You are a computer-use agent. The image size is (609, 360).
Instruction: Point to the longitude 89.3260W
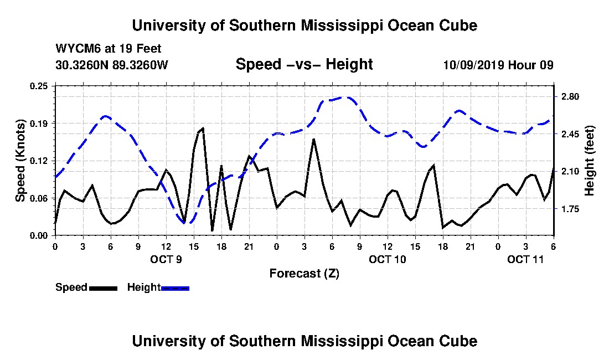pyautogui.click(x=140, y=64)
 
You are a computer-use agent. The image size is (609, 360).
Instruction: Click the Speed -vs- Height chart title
pyautogui.click(x=304, y=64)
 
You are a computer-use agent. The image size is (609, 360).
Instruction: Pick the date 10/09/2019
pyautogui.click(x=473, y=64)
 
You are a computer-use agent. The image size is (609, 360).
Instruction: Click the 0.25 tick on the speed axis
pyautogui.click(x=39, y=86)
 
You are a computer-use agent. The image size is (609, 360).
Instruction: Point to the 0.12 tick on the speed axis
pyautogui.click(x=39, y=161)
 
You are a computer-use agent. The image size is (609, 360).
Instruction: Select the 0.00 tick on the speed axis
pyautogui.click(x=39, y=236)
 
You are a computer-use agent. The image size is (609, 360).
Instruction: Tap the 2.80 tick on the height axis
pyautogui.click(x=570, y=97)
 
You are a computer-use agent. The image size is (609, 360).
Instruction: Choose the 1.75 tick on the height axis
pyautogui.click(x=570, y=209)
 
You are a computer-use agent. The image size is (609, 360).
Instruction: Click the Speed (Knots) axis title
pyautogui.click(x=20, y=161)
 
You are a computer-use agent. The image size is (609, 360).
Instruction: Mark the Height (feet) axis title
pyautogui.click(x=589, y=161)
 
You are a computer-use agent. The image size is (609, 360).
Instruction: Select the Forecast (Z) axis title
pyautogui.click(x=304, y=274)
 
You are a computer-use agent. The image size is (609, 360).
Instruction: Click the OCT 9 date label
pyautogui.click(x=166, y=259)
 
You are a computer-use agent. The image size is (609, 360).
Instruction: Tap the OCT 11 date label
pyautogui.click(x=525, y=259)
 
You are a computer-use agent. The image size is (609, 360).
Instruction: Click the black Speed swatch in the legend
pyautogui.click(x=103, y=288)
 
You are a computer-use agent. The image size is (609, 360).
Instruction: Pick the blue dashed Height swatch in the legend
pyautogui.click(x=175, y=288)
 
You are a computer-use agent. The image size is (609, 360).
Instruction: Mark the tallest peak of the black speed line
pyautogui.click(x=203, y=128)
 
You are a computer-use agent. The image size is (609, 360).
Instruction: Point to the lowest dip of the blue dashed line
pyautogui.click(x=185, y=223)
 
